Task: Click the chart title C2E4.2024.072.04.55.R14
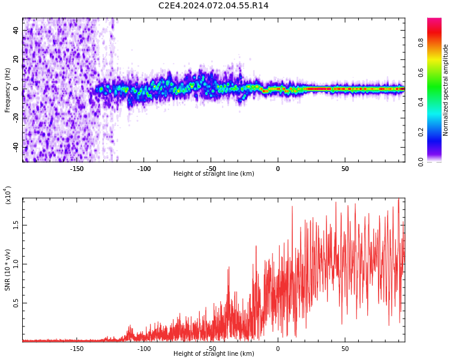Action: (214, 6)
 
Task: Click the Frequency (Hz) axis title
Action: (8, 90)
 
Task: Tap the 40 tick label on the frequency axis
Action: (16, 31)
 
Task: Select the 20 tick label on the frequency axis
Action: (16, 59)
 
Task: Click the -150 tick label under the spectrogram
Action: (76, 169)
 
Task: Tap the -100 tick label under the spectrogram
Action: (143, 169)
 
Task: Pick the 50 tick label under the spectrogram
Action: (344, 169)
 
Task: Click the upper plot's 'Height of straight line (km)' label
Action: (214, 174)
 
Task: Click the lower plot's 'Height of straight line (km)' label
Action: (214, 354)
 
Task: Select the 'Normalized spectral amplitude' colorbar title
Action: (446, 90)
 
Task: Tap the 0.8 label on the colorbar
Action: (421, 43)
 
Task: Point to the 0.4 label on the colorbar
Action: (421, 102)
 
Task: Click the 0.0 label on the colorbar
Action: (421, 161)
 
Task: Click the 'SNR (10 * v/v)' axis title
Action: (8, 270)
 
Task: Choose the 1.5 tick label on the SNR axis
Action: (16, 225)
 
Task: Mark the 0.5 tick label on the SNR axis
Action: (16, 303)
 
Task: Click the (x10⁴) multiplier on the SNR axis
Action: (8, 195)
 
